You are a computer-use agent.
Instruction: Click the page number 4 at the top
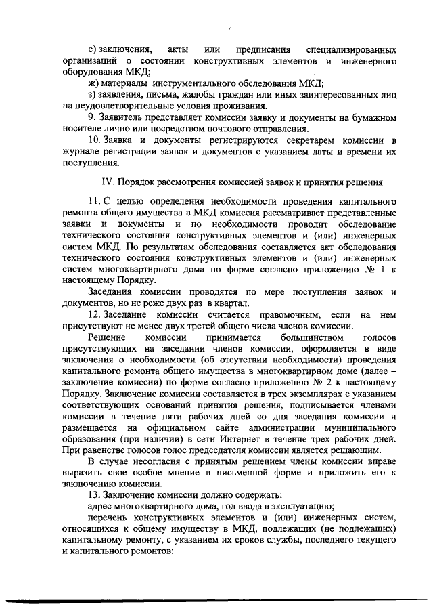(x=230, y=29)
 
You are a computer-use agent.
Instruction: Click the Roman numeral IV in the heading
(x=106, y=182)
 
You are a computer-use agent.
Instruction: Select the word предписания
(x=263, y=50)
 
